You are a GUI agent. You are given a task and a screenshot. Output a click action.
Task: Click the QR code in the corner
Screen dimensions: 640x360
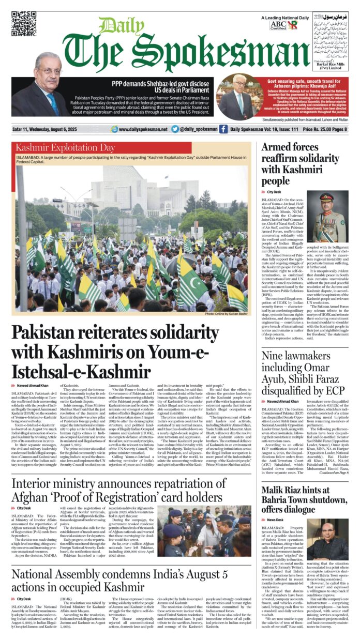point(24,24)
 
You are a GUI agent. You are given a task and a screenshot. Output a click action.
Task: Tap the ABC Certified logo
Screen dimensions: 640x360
point(278,25)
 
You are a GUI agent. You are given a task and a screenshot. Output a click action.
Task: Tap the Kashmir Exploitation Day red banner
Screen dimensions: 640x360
point(101,148)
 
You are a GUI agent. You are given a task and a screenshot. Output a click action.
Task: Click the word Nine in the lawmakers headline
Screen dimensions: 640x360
point(274,356)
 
